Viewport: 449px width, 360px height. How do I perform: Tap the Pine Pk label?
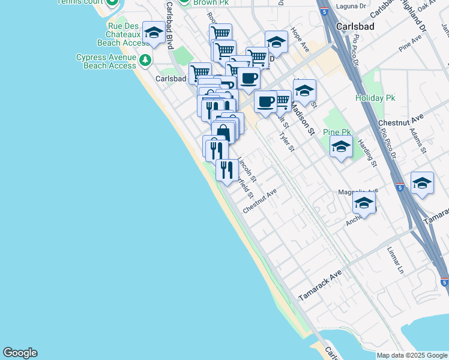pos(336,132)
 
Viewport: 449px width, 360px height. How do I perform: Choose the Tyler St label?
pos(287,141)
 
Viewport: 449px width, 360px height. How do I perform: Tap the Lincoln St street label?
pos(247,169)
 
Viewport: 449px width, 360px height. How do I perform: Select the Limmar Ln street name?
pos(395,260)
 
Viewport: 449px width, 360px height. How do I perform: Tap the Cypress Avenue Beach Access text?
pos(106,61)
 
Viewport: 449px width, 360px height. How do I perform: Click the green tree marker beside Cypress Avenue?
pos(145,61)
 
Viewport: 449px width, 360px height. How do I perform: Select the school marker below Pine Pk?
pos(341,147)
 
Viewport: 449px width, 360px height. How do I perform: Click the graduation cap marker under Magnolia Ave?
pos(364,204)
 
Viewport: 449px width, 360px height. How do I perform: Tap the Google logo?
pos(20,353)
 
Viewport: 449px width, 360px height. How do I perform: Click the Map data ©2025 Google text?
pos(412,355)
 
